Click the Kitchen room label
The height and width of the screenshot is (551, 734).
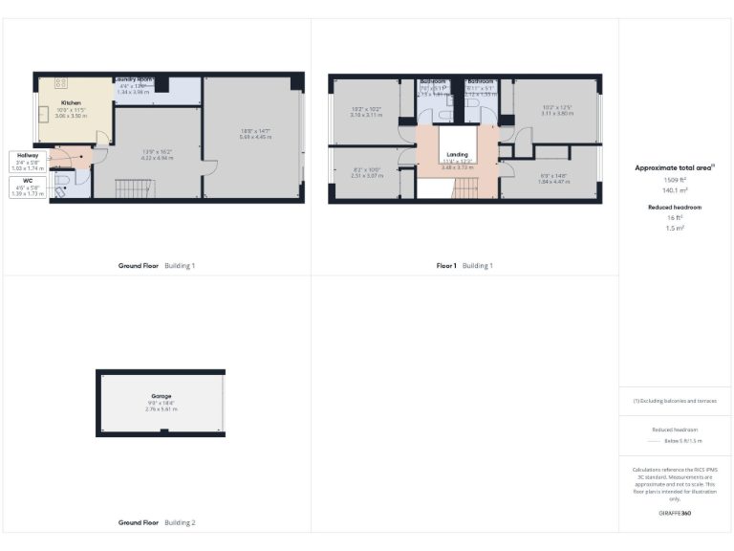pos(71,102)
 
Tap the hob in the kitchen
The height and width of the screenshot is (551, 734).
pos(59,83)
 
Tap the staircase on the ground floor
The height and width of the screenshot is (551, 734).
pos(128,190)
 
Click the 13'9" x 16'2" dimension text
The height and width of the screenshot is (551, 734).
pos(157,151)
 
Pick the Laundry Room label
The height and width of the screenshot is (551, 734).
pos(135,80)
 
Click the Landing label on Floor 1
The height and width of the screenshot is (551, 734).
pos(458,155)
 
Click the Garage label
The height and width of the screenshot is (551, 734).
pos(161,395)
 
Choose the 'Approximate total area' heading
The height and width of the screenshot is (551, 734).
pos(675,167)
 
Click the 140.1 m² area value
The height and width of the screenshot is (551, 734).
pos(675,189)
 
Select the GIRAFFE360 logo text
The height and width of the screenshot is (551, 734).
pos(675,515)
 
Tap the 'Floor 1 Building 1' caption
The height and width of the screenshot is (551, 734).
pos(464,265)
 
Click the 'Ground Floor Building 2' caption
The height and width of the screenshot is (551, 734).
pos(157,522)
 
